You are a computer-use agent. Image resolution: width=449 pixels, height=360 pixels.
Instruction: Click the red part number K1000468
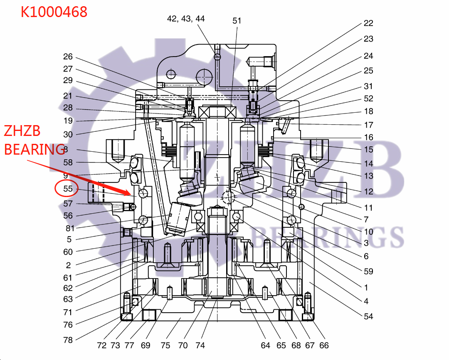(x=54, y=12)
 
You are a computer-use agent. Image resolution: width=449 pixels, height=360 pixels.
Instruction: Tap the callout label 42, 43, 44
(x=186, y=19)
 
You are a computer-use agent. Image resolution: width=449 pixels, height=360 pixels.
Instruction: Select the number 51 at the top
(x=237, y=20)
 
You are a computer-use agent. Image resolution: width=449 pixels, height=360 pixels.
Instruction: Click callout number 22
(x=368, y=23)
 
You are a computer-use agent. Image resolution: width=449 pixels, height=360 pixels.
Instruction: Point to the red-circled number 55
(x=68, y=189)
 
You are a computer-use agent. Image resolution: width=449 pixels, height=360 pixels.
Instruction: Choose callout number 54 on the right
(x=368, y=316)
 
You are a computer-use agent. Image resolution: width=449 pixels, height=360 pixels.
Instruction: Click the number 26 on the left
(x=68, y=57)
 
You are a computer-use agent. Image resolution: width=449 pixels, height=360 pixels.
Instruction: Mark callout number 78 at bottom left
(x=68, y=340)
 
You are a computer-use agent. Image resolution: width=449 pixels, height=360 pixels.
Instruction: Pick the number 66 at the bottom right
(x=324, y=345)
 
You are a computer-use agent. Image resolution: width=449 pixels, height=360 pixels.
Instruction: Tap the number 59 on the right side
(x=368, y=271)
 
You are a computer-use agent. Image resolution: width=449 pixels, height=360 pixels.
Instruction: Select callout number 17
(x=368, y=125)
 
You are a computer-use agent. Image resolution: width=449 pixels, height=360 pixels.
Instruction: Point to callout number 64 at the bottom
(x=266, y=345)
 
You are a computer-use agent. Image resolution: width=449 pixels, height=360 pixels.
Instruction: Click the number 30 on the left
(x=68, y=134)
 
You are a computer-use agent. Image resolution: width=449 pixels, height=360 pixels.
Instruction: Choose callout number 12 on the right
(x=368, y=192)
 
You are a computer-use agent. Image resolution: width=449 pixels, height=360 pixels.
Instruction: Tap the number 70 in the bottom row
(x=183, y=345)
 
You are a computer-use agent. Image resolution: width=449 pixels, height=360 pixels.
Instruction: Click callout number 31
(x=368, y=86)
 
